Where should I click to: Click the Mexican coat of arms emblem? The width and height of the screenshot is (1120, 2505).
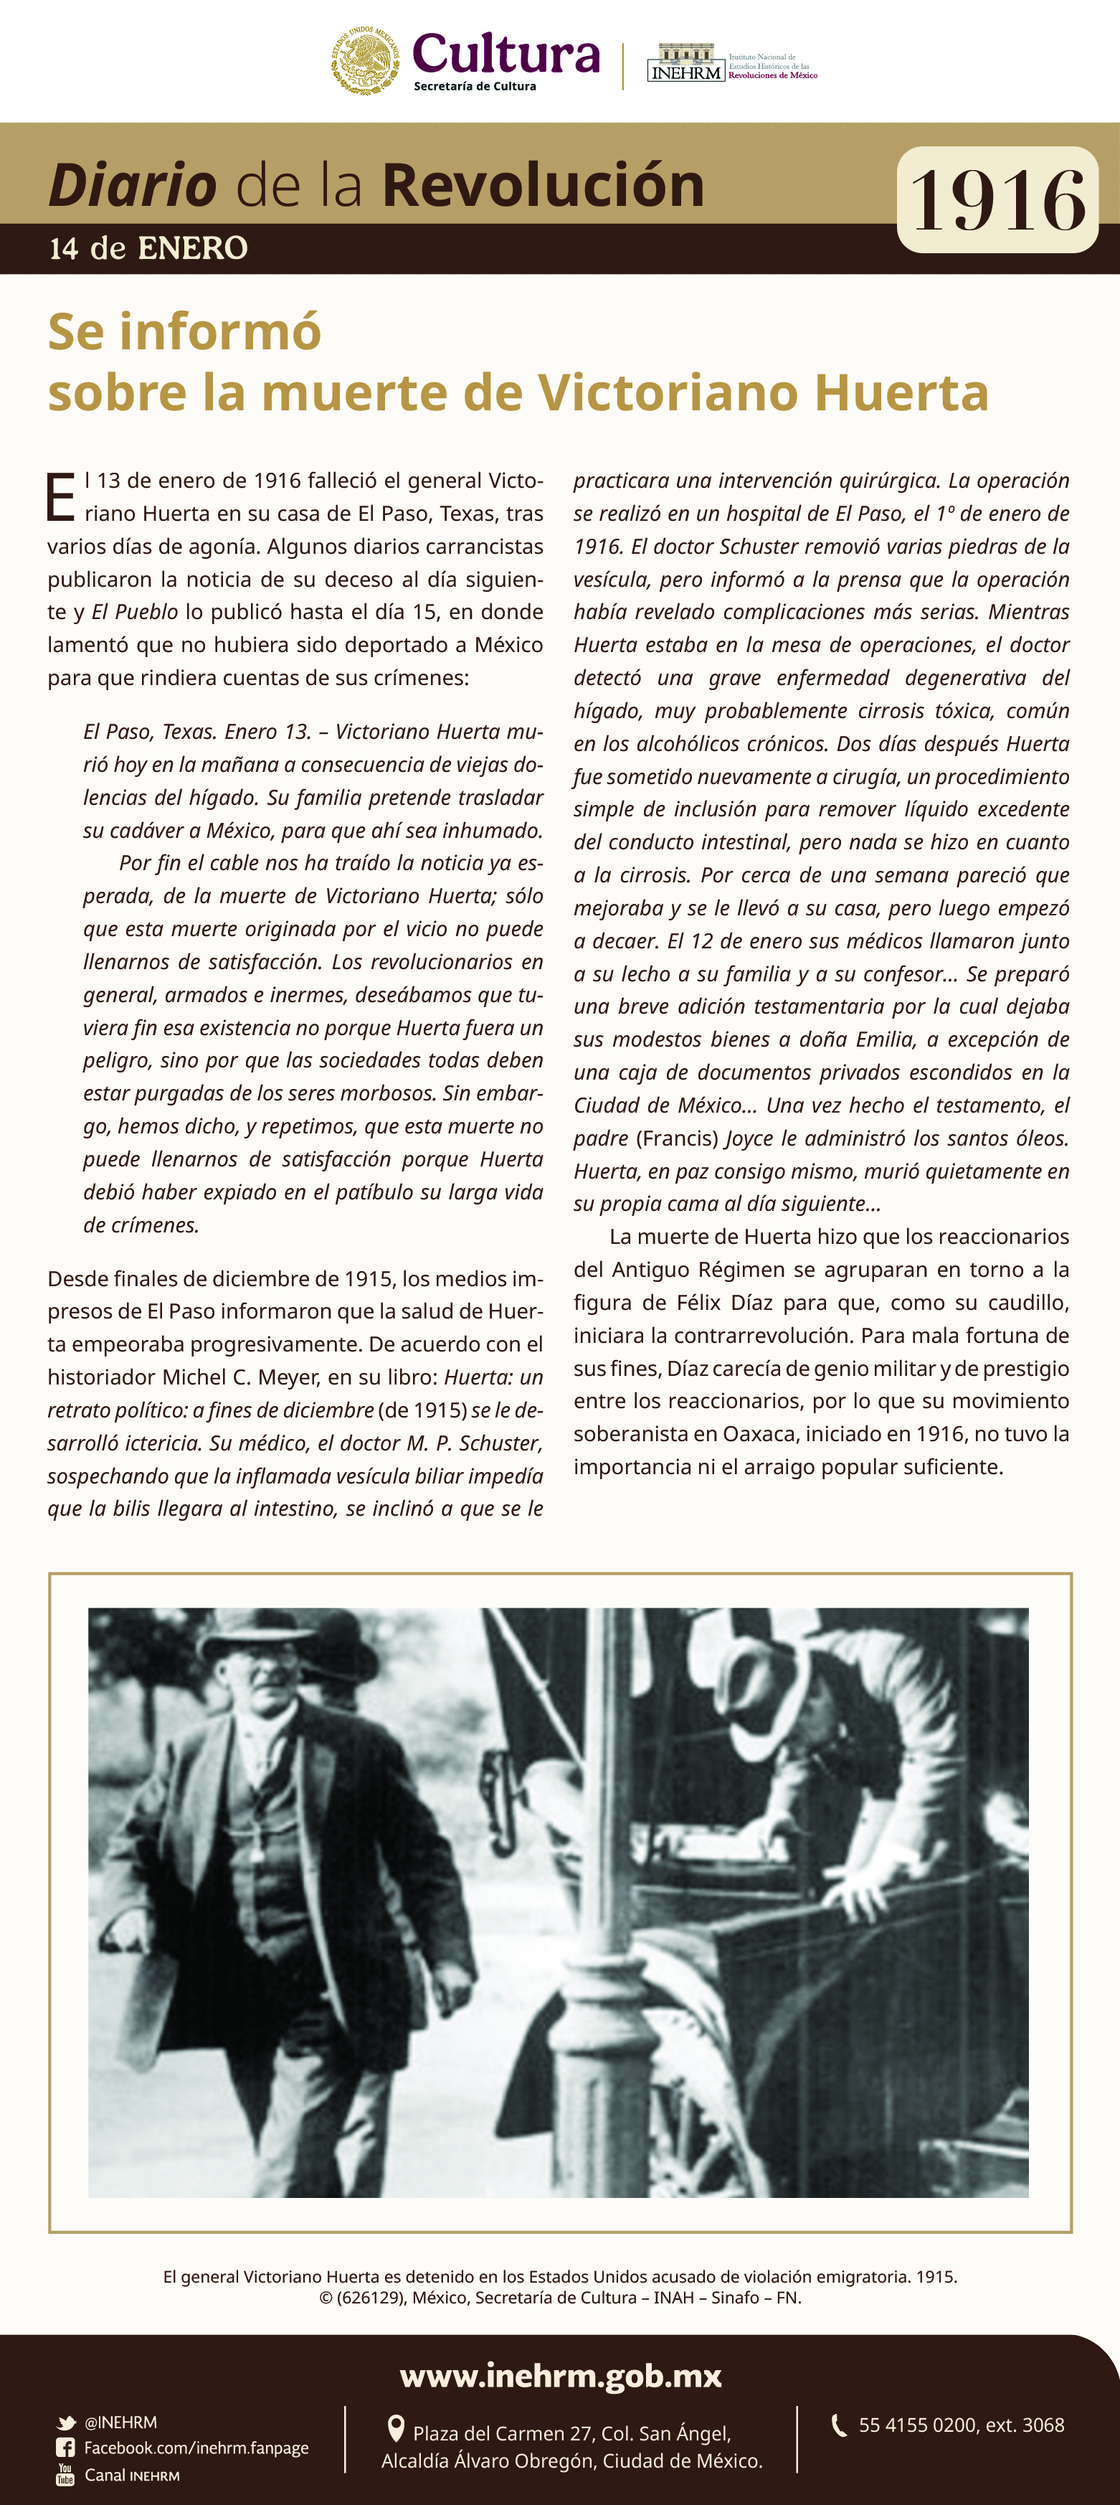coord(366,60)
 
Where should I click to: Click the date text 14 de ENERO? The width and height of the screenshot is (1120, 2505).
coord(148,249)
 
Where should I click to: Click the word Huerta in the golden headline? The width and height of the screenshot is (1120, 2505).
coord(901,393)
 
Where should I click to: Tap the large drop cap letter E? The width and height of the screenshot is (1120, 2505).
coord(60,497)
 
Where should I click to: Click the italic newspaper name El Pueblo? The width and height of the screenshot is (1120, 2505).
coord(135,612)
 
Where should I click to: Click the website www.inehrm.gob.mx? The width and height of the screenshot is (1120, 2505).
coord(560,2377)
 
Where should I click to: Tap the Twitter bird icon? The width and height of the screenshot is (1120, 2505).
coord(66,2423)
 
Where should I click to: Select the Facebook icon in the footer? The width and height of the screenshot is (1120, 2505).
coord(65,2448)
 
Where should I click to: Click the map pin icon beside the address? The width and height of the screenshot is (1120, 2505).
coord(396,2429)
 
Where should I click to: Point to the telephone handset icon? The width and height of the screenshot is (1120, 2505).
coord(839,2425)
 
